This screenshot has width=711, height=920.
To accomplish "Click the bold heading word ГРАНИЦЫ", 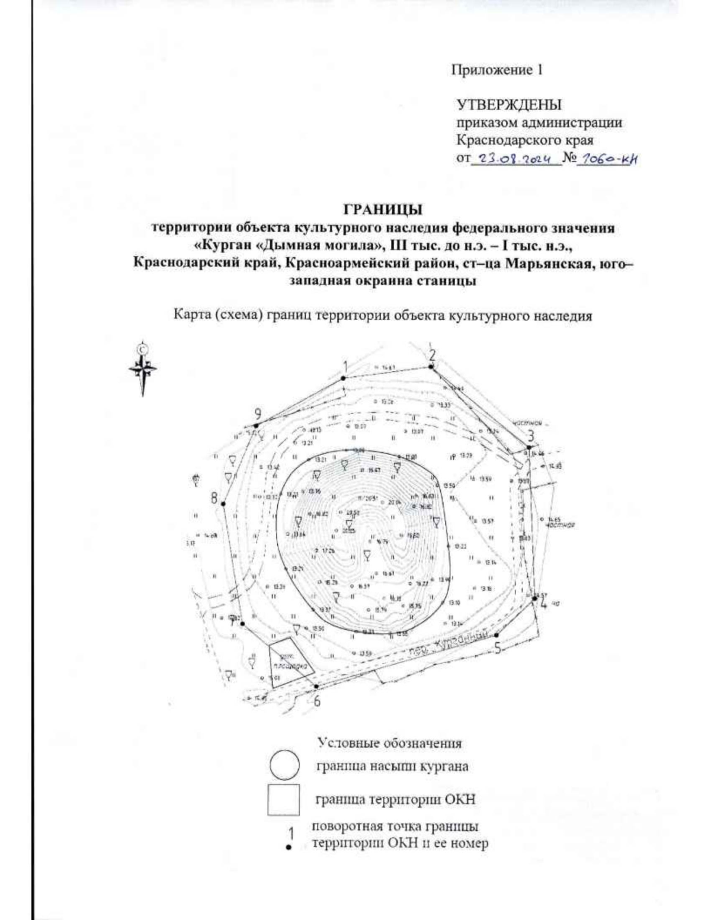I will pyautogui.click(x=383, y=210).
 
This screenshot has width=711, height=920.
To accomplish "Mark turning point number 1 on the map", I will pyautogui.click(x=343, y=377).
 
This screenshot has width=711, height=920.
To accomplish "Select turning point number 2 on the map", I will pyautogui.click(x=431, y=367).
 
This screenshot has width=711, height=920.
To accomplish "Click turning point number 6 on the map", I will pyautogui.click(x=316, y=687).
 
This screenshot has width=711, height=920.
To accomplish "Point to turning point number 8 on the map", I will pyautogui.click(x=223, y=504).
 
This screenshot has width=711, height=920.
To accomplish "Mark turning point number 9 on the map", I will pyautogui.click(x=256, y=425).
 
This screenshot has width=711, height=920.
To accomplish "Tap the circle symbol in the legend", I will pyautogui.click(x=287, y=765).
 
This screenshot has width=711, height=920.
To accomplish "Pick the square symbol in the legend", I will pyautogui.click(x=286, y=800).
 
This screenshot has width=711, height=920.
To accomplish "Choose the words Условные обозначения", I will pyautogui.click(x=389, y=742).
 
